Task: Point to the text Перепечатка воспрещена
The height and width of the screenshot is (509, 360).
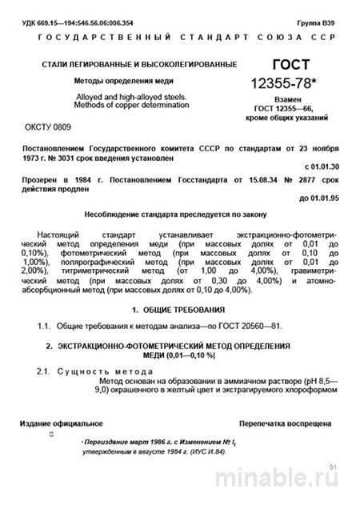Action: tap(285, 422)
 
